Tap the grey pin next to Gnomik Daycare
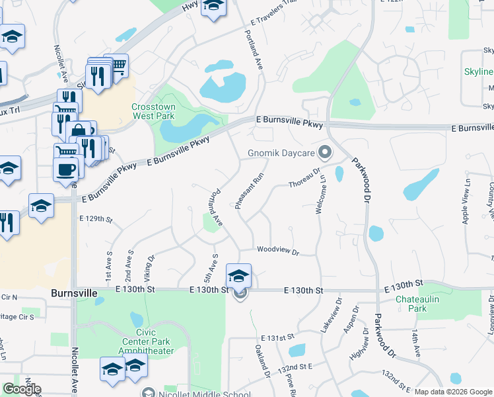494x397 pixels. (324, 153)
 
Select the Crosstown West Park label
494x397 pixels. (153, 111)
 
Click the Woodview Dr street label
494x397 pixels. (278, 251)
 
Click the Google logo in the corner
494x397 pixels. (22, 389)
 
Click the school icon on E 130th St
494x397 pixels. (238, 276)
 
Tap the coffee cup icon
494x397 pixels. (65, 169)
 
